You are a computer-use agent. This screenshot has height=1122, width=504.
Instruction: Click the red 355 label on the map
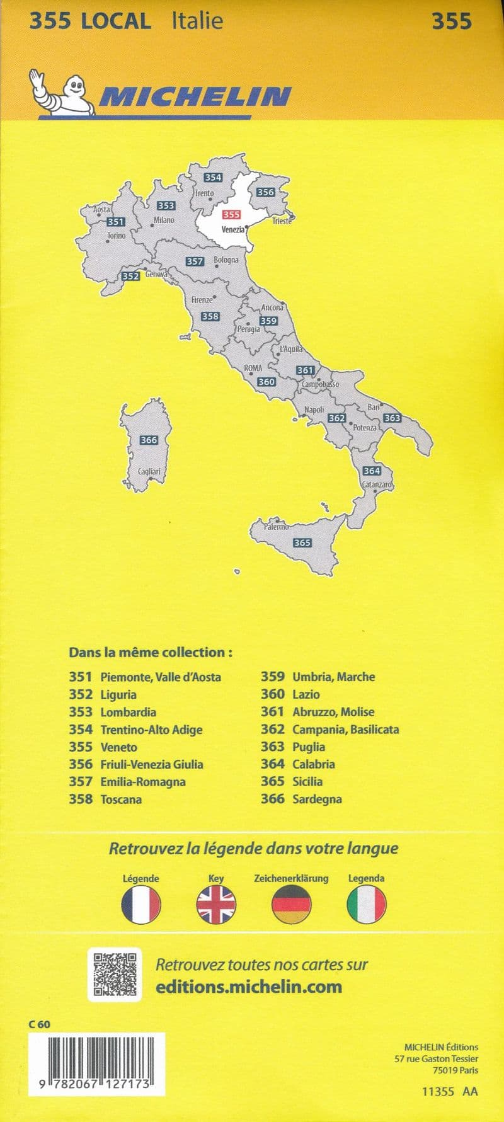(x=231, y=215)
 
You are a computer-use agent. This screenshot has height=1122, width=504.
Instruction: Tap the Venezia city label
(x=232, y=229)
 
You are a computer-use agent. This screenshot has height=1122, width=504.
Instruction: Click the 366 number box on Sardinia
(x=149, y=440)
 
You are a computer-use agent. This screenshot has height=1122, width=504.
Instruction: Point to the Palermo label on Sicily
(x=276, y=526)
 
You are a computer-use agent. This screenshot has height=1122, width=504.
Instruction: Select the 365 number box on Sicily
(x=302, y=542)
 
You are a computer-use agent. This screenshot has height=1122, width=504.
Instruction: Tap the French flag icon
(x=141, y=905)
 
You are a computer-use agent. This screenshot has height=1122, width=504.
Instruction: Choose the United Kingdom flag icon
(x=216, y=905)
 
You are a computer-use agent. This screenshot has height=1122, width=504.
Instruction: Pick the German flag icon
(x=291, y=905)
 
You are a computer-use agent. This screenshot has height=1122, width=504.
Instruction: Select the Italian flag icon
(x=366, y=905)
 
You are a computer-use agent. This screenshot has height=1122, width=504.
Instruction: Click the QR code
(x=115, y=975)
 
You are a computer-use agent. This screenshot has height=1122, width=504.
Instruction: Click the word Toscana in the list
(x=121, y=799)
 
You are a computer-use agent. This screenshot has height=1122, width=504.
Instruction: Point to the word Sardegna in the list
(x=317, y=799)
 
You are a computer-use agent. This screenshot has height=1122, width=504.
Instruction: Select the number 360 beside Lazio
(x=272, y=694)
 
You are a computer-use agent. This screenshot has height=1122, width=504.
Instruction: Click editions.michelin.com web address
(x=249, y=987)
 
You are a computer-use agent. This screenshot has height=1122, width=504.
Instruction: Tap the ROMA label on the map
(x=253, y=368)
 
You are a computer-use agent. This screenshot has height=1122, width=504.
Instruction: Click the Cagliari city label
(x=149, y=471)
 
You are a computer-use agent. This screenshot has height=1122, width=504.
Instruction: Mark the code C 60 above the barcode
(x=39, y=1024)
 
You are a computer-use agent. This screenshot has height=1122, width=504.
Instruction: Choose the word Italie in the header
(x=197, y=21)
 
